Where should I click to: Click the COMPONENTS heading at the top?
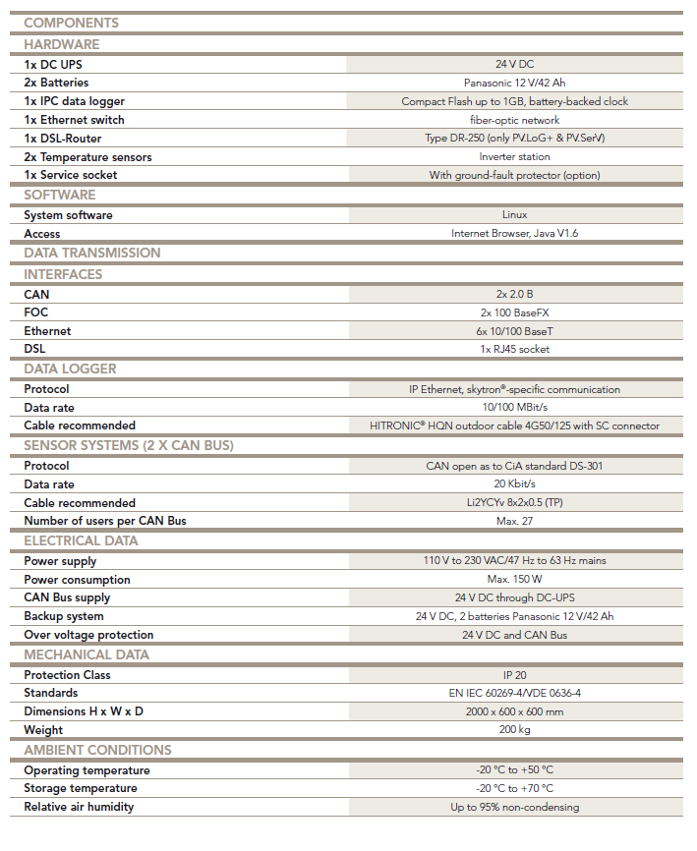(x=71, y=23)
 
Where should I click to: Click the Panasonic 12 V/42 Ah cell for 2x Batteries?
(x=514, y=83)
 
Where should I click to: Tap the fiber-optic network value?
(x=514, y=120)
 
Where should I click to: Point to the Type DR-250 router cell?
(x=514, y=139)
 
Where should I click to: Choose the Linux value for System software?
(x=514, y=214)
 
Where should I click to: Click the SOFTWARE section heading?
(x=60, y=195)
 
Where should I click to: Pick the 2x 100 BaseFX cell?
(x=514, y=312)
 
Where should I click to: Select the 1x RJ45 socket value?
(x=514, y=349)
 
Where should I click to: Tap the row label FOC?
(x=36, y=312)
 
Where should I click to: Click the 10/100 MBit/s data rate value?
(x=514, y=407)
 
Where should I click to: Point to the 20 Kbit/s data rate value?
(x=514, y=483)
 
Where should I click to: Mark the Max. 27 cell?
(x=514, y=520)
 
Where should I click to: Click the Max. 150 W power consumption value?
(x=514, y=579)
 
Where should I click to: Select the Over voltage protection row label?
(x=88, y=635)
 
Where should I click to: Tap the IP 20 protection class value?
(x=514, y=675)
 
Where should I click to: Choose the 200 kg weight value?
(x=514, y=730)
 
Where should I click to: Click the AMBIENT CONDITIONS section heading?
(x=97, y=750)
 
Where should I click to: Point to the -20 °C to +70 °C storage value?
(x=514, y=788)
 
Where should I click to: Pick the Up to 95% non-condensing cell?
(x=514, y=807)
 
